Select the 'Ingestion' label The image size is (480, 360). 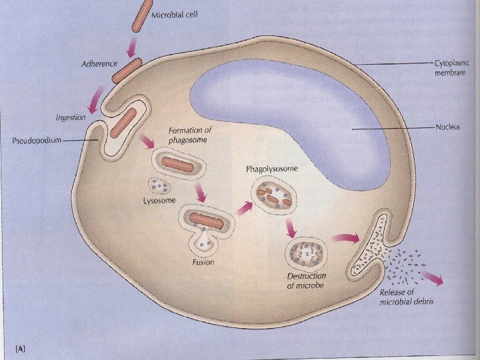click(x=70, y=117)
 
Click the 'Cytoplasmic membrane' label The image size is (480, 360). click(x=451, y=67)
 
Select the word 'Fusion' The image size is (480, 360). click(x=203, y=263)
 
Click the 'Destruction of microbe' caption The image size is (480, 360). click(x=306, y=281)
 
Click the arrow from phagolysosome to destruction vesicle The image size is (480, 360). click(x=290, y=229)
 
